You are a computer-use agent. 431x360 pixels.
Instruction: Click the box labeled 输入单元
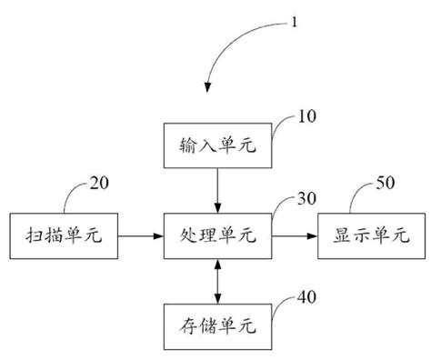(216, 146)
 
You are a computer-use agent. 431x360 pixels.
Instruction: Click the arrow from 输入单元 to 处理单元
(216, 190)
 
